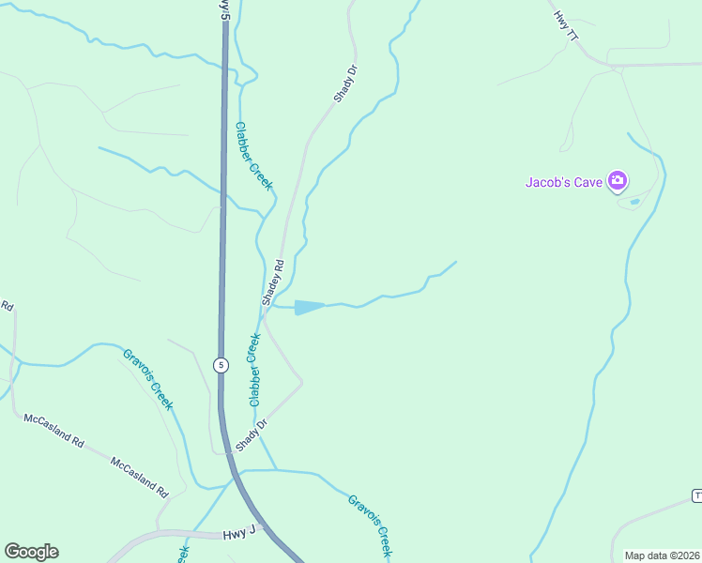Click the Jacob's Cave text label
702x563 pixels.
point(562,182)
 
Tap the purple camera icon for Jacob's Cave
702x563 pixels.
point(618,180)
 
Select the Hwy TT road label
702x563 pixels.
point(566,26)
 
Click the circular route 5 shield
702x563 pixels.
point(220,365)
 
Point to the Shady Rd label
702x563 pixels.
point(273,282)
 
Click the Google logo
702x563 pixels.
point(31,552)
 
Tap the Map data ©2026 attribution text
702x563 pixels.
point(663,555)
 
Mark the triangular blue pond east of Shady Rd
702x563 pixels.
point(308,307)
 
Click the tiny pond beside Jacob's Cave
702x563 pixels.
point(635,201)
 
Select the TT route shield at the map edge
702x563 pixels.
point(697,495)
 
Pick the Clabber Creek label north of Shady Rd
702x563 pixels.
point(253,157)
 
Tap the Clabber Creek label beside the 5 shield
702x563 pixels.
point(253,371)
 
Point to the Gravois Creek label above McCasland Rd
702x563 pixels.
point(148,379)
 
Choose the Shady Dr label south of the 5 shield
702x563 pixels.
point(252,434)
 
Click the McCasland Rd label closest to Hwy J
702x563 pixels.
point(138,478)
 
